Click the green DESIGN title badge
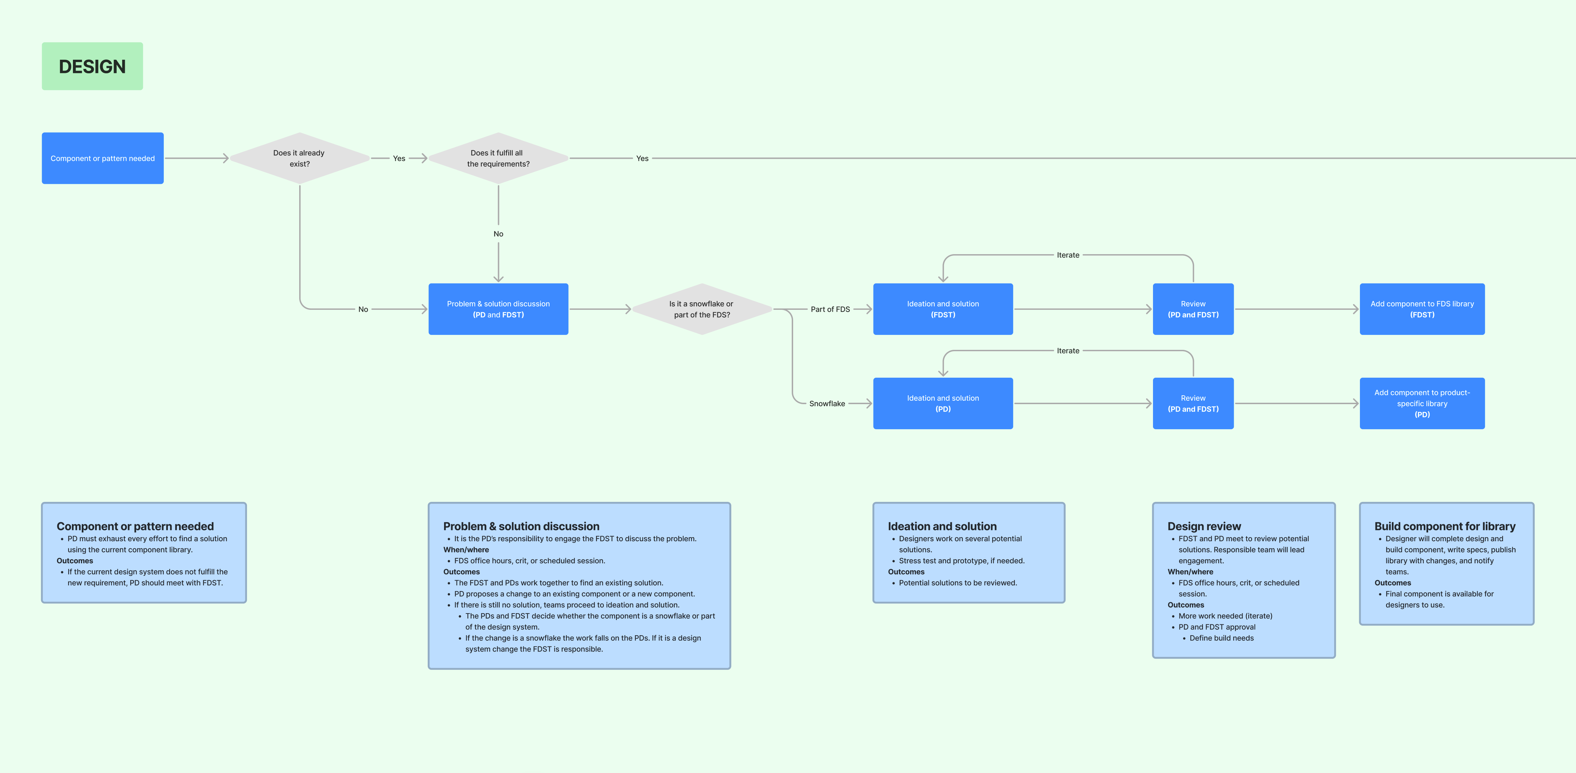[92, 66]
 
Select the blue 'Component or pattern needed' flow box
[103, 158]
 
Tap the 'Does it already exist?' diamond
[300, 158]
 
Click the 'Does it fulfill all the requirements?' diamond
[499, 158]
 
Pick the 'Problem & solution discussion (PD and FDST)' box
[499, 309]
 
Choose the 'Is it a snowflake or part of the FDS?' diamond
[702, 309]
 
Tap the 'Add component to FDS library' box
[1422, 309]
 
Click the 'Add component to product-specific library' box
[1422, 403]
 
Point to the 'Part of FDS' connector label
[830, 309]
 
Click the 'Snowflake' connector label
[827, 403]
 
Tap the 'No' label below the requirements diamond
[499, 234]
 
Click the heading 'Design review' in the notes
[1204, 526]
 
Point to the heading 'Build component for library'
[1445, 526]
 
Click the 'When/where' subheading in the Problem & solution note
[466, 550]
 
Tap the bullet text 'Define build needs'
[1222, 638]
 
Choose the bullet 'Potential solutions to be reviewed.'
[958, 583]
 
